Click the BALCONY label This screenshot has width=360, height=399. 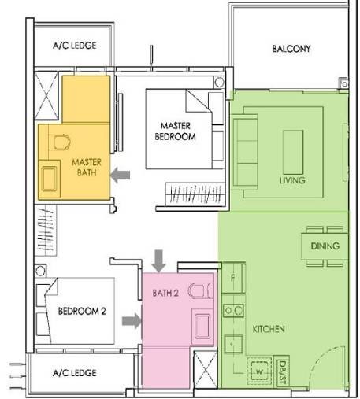click(291, 49)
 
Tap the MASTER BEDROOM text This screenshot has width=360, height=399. click(175, 131)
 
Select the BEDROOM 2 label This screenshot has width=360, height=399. click(82, 311)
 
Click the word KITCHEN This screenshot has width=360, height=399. click(269, 329)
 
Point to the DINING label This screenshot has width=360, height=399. click(325, 246)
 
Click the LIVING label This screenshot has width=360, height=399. click(292, 180)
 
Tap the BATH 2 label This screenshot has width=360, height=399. click(165, 293)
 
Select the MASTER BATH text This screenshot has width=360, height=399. click(87, 168)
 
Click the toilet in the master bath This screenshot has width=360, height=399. click(60, 142)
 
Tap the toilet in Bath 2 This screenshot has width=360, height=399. click(201, 290)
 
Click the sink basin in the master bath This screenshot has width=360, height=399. click(50, 179)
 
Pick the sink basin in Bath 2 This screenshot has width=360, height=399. click(202, 327)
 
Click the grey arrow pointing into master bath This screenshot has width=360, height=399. click(121, 175)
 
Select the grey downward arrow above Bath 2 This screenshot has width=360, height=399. click(159, 260)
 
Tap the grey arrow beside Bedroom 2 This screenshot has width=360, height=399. click(132, 321)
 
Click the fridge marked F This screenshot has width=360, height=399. click(233, 278)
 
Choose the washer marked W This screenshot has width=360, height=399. click(259, 371)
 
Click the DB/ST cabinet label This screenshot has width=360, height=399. click(283, 372)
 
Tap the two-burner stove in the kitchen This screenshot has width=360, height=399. click(233, 311)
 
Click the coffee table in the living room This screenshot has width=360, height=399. click(293, 152)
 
